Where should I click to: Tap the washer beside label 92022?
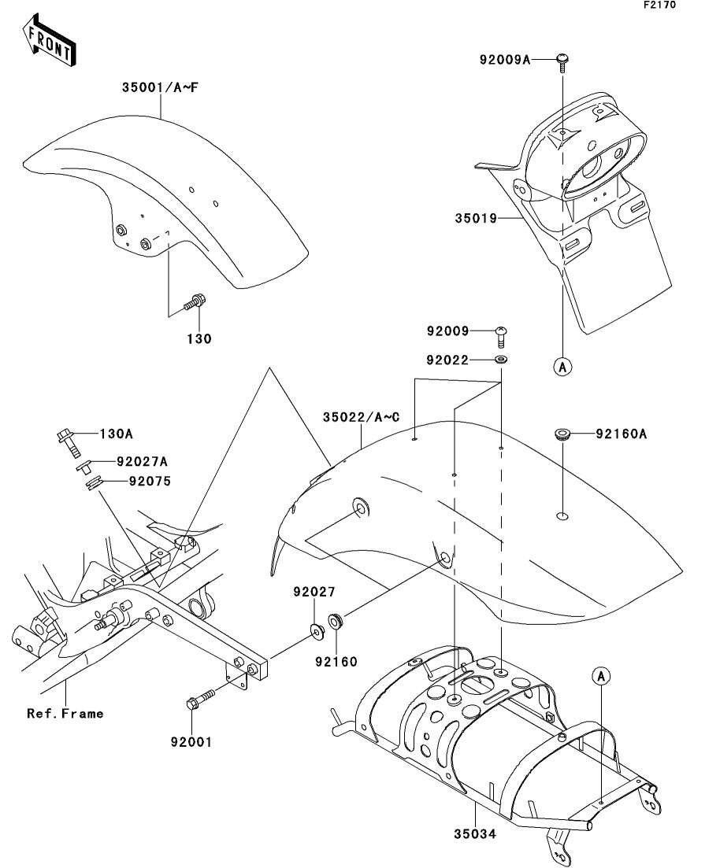(x=501, y=360)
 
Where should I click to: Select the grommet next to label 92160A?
(x=562, y=434)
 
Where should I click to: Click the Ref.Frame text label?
(x=65, y=714)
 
